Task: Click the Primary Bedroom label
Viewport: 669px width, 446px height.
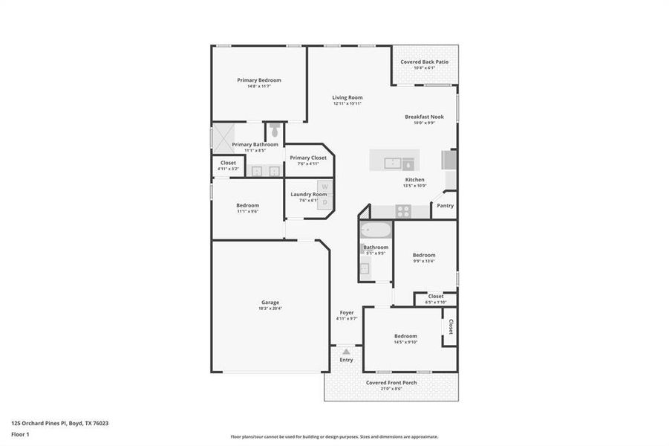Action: (259, 80)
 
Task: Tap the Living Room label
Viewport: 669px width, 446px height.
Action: (347, 97)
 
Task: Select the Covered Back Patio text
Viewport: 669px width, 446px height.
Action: (424, 62)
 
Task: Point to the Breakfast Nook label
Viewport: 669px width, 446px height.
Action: (424, 117)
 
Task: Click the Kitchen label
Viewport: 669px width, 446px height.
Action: (414, 180)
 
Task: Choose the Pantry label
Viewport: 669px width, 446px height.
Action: (445, 206)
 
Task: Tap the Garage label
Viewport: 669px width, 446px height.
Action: (270, 303)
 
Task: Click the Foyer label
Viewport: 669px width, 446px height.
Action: (347, 312)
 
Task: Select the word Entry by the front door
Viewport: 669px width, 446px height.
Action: (347, 360)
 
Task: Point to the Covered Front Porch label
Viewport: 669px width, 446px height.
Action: (391, 383)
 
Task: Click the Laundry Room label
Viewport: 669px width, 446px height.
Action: (308, 194)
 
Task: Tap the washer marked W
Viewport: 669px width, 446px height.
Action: (324, 187)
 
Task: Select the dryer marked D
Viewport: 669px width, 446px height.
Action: (324, 202)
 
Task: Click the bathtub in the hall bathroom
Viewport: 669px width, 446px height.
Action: (375, 229)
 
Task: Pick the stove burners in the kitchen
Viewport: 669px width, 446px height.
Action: (402, 211)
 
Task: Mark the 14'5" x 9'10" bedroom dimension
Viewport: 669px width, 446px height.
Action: (405, 342)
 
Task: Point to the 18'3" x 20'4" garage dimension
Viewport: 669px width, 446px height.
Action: (270, 308)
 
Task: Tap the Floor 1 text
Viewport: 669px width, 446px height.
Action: (19, 433)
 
